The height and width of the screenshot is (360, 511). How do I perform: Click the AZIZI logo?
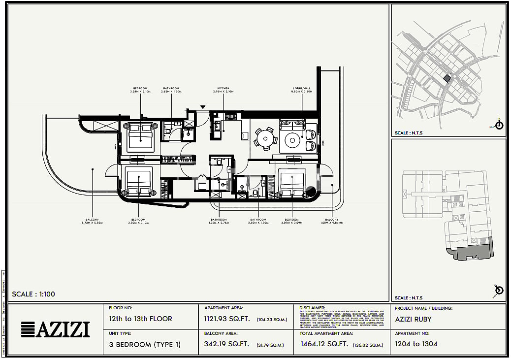click(x=56, y=329)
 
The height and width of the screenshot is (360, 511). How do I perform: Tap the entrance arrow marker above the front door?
click(x=202, y=107)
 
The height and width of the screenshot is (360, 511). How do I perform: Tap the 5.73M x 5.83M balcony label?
click(x=92, y=221)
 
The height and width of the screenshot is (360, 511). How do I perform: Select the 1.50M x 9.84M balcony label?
click(x=331, y=221)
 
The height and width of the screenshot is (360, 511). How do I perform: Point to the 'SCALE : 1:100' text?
click(x=33, y=295)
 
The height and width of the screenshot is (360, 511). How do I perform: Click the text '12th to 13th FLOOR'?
click(x=140, y=319)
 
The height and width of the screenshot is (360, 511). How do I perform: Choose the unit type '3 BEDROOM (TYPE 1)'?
click(x=145, y=344)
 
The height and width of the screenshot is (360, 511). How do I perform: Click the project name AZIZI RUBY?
click(x=413, y=319)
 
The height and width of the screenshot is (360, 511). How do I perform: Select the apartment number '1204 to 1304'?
click(x=416, y=344)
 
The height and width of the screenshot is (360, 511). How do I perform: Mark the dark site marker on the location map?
click(x=447, y=78)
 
